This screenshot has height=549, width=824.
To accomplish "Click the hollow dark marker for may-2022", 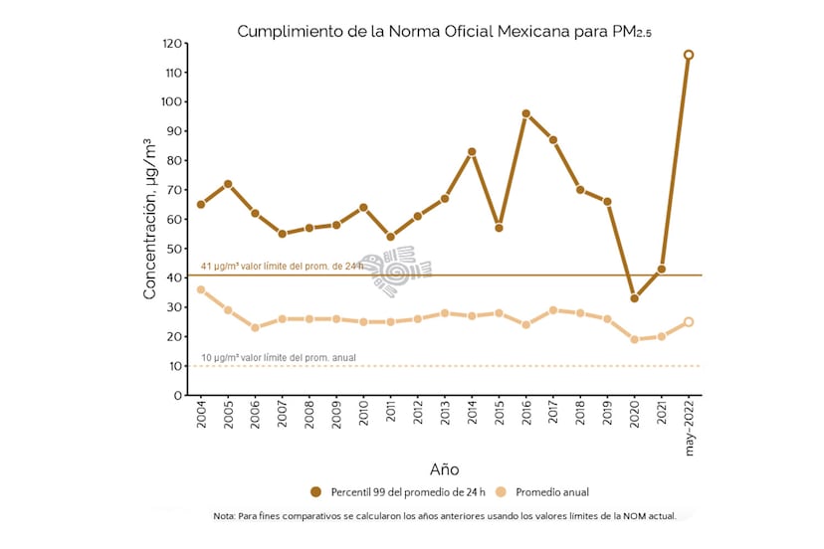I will coord(689,55).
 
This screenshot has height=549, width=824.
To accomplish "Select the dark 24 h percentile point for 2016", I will coord(525,113).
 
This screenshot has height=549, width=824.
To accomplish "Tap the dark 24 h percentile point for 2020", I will coord(634,298).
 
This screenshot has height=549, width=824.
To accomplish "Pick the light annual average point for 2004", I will coord(201,289).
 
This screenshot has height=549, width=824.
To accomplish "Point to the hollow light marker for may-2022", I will coord(689,322).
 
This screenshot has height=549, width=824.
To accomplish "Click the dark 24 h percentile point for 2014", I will coord(472,151).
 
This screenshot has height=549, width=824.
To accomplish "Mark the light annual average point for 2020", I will coord(634,339).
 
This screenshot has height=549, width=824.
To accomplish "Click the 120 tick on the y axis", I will coord(175,44).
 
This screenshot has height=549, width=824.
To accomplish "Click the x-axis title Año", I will coord(444,469).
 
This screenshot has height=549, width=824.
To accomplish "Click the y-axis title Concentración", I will coord(150,219).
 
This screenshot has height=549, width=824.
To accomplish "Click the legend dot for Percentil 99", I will coord(316,492).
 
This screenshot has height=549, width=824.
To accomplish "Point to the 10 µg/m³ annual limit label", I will coord(278,358).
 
